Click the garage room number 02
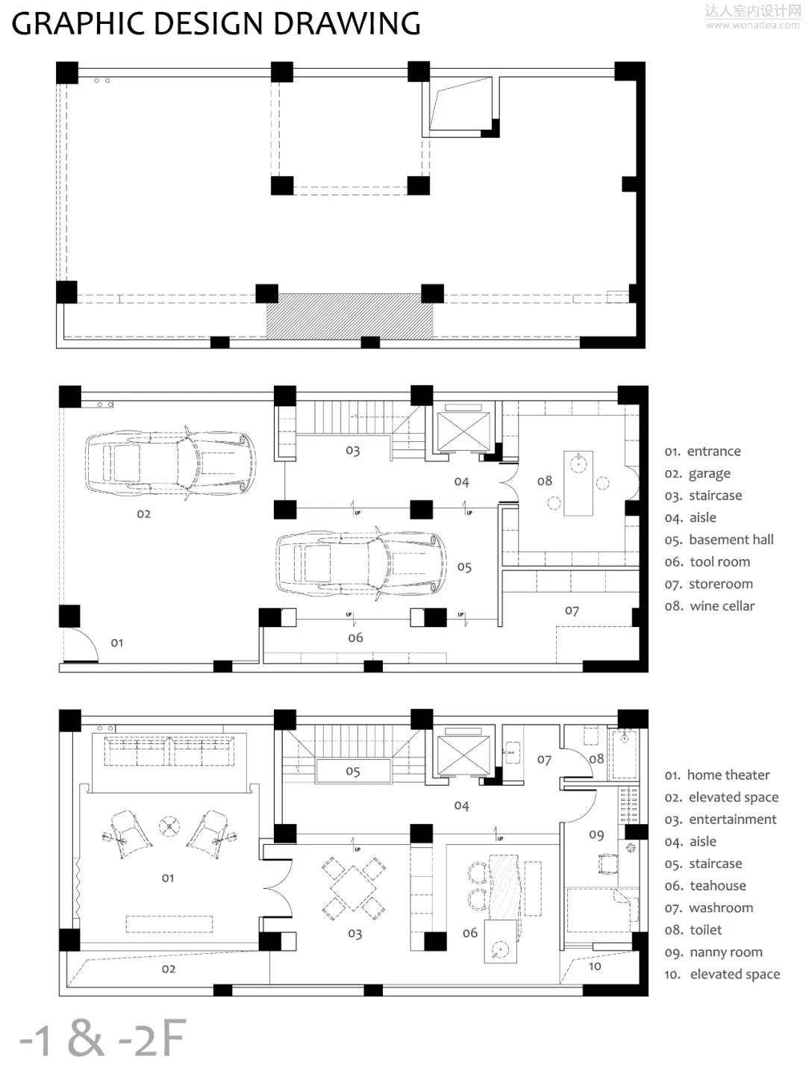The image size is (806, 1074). (144, 513)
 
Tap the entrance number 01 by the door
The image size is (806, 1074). (117, 643)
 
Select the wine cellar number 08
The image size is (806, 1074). (544, 481)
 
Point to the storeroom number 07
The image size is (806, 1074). (572, 611)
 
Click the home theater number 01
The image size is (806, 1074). (168, 878)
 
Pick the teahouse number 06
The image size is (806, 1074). (470, 933)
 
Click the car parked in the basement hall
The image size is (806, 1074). (361, 563)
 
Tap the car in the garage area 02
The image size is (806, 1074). (171, 463)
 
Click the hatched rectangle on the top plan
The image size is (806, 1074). (350, 316)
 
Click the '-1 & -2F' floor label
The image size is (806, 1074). (103, 1037)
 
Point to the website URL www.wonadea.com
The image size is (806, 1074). (752, 25)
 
